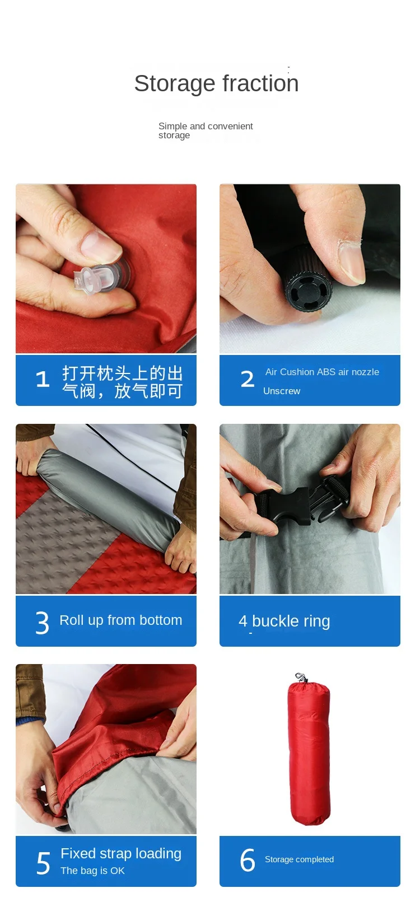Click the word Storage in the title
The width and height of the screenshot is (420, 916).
175,84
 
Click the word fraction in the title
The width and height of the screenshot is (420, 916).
260,83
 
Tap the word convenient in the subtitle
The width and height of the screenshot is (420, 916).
230,126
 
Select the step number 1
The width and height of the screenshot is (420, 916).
43,379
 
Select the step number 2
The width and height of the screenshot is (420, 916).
247,379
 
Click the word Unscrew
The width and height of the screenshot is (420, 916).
281,391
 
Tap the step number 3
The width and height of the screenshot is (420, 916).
42,623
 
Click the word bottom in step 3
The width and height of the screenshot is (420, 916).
161,620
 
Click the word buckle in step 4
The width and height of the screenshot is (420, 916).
275,621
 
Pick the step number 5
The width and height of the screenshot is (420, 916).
43,863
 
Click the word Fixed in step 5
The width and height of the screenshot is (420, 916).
78,853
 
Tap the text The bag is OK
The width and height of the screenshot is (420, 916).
92,871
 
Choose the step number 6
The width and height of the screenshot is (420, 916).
248,860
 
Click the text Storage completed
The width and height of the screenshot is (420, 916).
299,859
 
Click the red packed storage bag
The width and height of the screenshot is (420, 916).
309,750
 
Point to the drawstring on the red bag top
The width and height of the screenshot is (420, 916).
301,677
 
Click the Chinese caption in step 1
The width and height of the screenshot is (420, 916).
122,382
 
